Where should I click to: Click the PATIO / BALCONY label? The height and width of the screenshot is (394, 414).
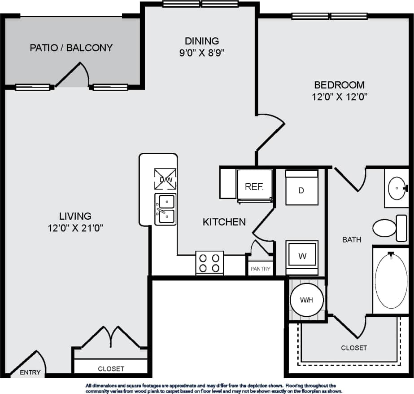click(71, 48)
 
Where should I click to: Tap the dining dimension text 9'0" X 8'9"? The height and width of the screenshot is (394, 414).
click(201, 53)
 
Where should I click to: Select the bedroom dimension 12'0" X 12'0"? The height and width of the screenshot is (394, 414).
click(339, 97)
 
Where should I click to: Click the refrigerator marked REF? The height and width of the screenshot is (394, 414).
click(254, 186)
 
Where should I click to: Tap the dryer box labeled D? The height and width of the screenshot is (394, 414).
click(301, 189)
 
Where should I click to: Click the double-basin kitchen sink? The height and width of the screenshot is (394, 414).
click(165, 209)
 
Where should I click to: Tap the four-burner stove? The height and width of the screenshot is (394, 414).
click(209, 263)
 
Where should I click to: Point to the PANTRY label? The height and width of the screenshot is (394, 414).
click(261, 269)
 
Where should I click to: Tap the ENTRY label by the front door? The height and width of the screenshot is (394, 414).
click(31, 372)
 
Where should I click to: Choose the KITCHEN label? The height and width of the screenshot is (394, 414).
click(224, 222)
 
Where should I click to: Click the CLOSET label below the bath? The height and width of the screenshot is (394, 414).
click(354, 348)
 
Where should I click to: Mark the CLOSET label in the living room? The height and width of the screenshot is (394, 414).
click(111, 369)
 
